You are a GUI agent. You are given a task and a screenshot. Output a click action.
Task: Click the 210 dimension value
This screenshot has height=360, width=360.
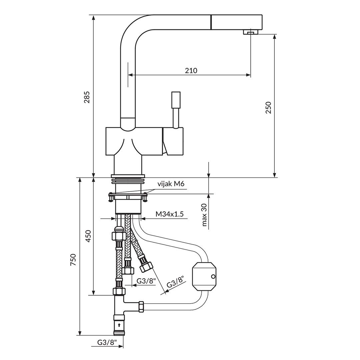(x=191, y=71)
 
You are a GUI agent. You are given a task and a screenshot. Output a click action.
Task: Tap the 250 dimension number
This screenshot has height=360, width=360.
(x=268, y=107)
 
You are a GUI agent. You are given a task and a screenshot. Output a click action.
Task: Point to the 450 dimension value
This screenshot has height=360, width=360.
(x=88, y=236)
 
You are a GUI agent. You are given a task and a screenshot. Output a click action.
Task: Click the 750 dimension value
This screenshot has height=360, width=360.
(x=73, y=259)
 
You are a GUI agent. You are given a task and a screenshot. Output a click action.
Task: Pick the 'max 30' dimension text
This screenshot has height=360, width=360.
(x=204, y=215)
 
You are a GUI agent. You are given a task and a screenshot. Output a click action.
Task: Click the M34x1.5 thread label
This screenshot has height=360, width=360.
(x=169, y=214)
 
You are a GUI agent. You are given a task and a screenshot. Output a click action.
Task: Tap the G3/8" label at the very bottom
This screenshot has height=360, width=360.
(x=107, y=342)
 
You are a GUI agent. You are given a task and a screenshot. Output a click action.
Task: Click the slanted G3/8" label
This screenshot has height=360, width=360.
(x=175, y=282)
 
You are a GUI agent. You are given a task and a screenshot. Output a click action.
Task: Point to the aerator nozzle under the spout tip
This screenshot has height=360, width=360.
(x=250, y=32)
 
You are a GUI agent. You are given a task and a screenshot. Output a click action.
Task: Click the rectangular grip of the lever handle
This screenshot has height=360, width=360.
(x=176, y=100)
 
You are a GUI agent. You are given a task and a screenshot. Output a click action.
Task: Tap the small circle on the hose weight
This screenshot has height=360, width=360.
(x=213, y=276)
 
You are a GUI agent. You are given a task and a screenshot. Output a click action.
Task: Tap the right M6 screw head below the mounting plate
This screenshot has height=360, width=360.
(x=145, y=199)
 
